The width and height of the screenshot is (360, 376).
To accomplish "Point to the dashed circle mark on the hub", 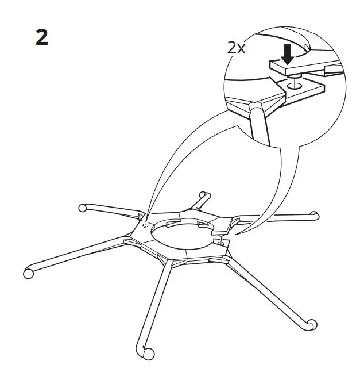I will point(145,226).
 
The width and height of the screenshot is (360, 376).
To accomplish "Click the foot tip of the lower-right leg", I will point(311,324).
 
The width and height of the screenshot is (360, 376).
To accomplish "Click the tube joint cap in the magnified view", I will point(256,108).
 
